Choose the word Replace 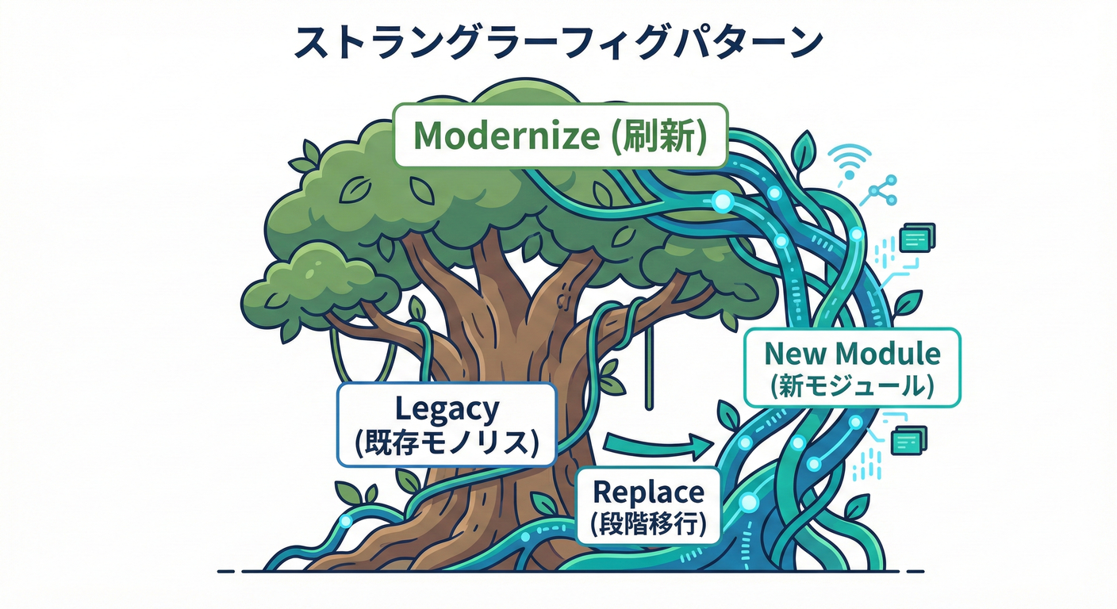point(648,492)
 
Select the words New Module point(852,354)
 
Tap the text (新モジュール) point(852,385)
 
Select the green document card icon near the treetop point(917,236)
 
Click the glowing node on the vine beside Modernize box point(722,202)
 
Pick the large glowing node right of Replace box point(748,501)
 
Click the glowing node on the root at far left point(346,521)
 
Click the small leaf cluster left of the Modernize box point(305,158)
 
